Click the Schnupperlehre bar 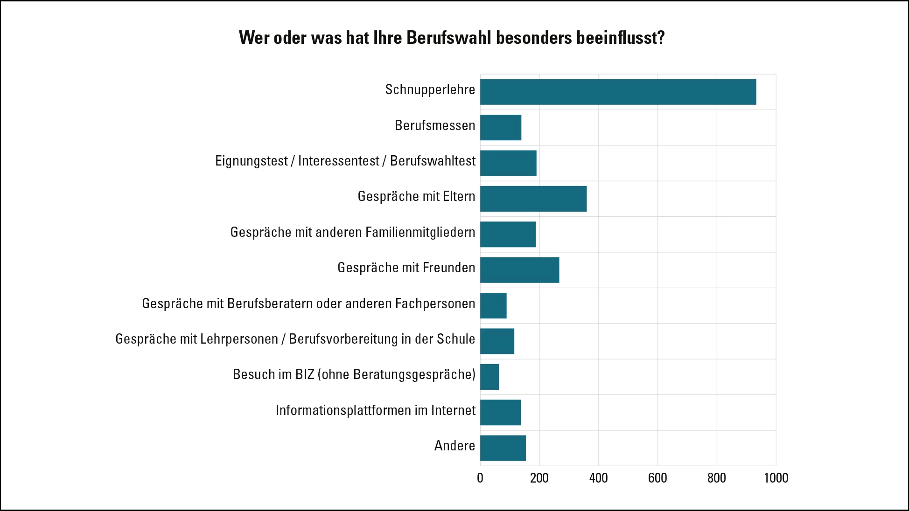click(x=618, y=92)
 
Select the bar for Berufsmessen click(x=501, y=127)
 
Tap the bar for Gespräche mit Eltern click(x=533, y=199)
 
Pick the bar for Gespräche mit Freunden click(x=519, y=270)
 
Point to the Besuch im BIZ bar click(x=489, y=377)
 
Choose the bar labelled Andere click(x=503, y=448)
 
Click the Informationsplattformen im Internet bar click(x=500, y=412)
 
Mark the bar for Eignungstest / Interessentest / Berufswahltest click(x=508, y=163)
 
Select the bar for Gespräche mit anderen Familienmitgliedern click(x=508, y=234)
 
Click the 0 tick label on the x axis click(x=480, y=478)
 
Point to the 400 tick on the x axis click(x=598, y=478)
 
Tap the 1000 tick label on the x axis click(x=776, y=478)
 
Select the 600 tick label click(x=657, y=478)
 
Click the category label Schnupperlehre click(x=430, y=90)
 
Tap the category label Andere click(x=454, y=446)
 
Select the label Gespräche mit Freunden click(x=406, y=268)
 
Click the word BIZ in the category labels click(x=305, y=374)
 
